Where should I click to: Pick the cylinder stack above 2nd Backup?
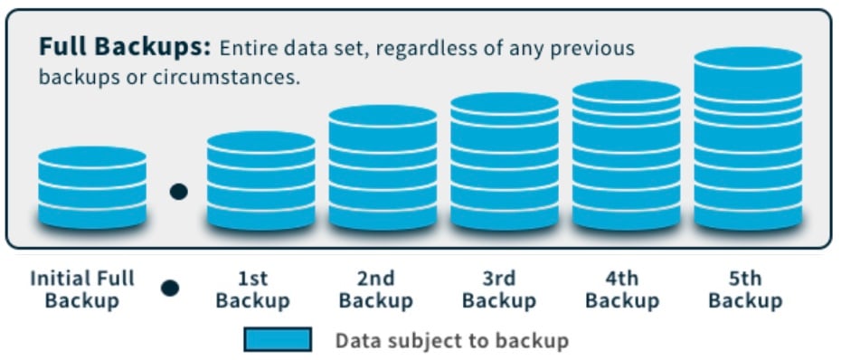coord(383,167)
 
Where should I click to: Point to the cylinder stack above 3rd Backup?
coord(505,161)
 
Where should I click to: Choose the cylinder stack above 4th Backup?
coord(626,155)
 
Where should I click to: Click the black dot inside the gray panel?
coord(179,192)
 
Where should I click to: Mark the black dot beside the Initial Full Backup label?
coord(170,289)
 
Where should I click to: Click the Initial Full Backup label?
coord(81,289)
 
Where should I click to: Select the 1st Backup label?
coord(253,289)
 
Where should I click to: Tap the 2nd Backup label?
coord(375,289)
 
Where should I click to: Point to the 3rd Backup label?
coord(498,289)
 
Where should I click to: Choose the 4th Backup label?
coord(622,289)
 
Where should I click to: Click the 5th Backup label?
coord(745,289)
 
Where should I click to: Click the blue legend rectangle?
coord(278,339)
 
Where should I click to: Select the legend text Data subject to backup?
coord(451,340)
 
